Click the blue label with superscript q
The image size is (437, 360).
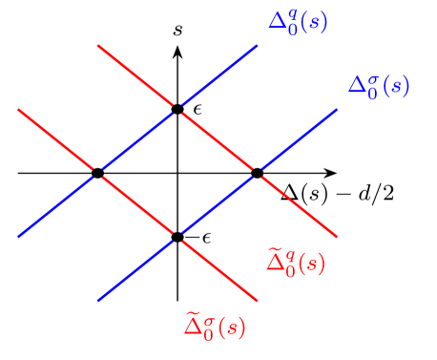[298, 22]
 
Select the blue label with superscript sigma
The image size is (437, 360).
[378, 86]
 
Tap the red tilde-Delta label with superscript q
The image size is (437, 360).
[295, 262]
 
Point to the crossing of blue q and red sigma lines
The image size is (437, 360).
[97, 172]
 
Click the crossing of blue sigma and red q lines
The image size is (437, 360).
[257, 172]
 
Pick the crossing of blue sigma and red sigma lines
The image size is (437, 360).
[177, 236]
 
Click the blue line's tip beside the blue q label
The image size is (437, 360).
[258, 44]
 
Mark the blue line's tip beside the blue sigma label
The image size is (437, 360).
[337, 109]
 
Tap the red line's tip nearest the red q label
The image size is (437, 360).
[337, 237]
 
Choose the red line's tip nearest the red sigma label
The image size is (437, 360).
[258, 301]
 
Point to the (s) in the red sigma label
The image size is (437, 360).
[232, 328]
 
